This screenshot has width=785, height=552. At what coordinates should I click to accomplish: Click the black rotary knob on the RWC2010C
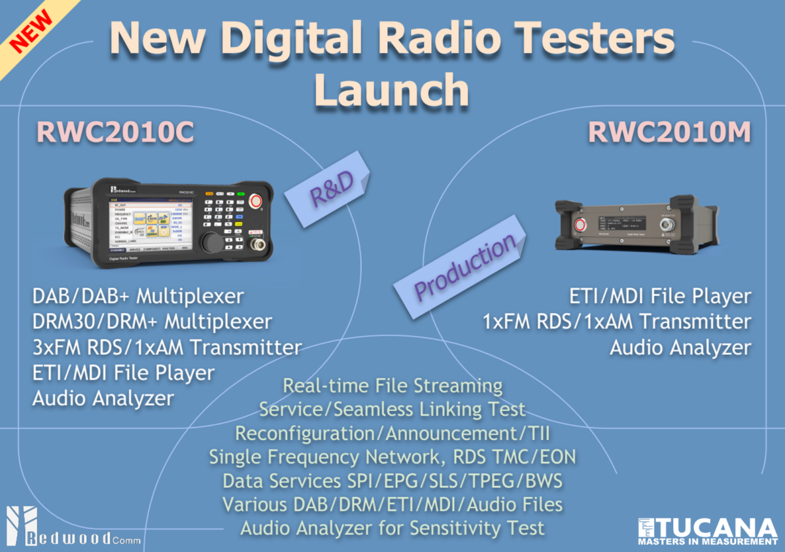pos(211,241)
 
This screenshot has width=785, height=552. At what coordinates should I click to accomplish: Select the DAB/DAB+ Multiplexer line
pos(138,296)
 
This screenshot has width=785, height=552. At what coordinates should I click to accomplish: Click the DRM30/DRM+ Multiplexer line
pos(152,322)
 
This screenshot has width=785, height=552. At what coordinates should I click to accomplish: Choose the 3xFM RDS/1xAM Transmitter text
pos(167,347)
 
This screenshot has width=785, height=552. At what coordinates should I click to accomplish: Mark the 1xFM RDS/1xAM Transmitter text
pos(617,322)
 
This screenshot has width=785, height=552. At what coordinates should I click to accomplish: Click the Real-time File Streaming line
pos(392,386)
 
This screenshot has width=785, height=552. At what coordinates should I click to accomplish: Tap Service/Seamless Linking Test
pos(392,409)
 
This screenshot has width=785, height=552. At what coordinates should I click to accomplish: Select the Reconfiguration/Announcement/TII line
pos(392,433)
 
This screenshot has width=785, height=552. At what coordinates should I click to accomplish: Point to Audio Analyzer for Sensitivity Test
pos(392,528)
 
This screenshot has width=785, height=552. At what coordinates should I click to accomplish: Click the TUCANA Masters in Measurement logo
pos(706,531)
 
